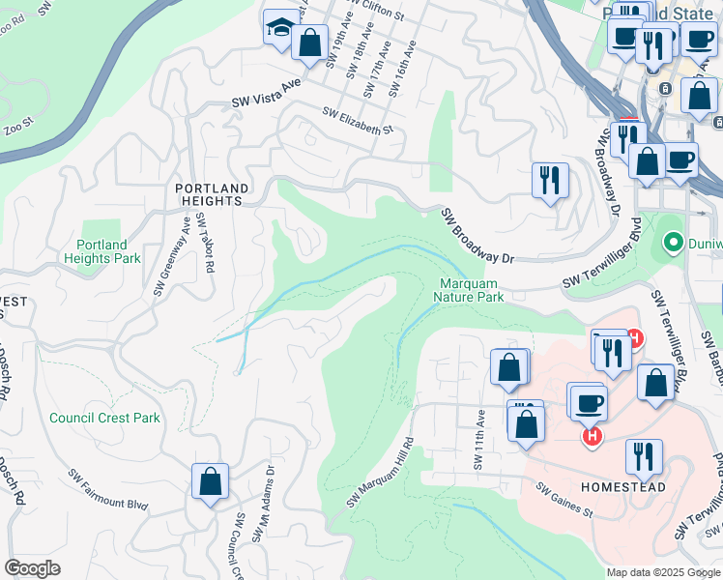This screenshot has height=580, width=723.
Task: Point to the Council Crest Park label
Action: tap(105, 419)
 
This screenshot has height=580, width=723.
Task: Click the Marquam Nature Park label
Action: tap(472, 290)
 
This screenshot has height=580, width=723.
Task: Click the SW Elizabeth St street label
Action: tap(359, 124)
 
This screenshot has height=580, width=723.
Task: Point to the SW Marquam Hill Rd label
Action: tap(381, 472)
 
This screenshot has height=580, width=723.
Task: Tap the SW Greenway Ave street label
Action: tap(170, 255)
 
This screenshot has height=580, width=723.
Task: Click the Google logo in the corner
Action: tap(32, 568)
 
